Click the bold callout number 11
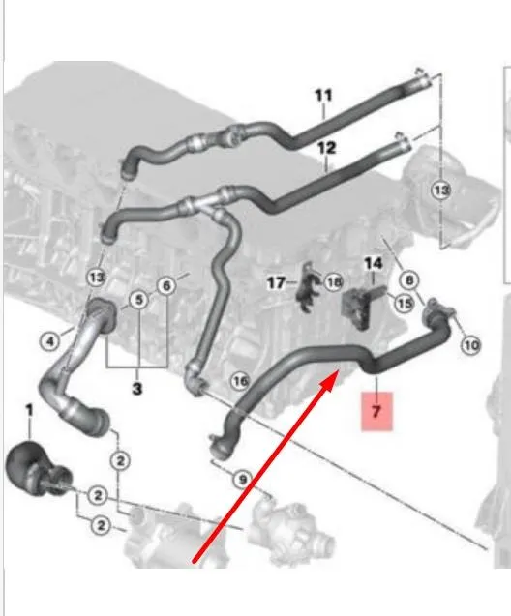click(323, 96)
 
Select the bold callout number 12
click(326, 148)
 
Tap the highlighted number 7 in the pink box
click(376, 411)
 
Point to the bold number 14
click(373, 263)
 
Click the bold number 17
click(276, 282)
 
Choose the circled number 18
click(333, 281)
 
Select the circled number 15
click(405, 303)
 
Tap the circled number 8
click(409, 280)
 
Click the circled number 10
click(471, 345)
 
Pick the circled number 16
click(240, 381)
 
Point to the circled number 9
click(242, 480)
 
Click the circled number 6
click(166, 285)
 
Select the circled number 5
click(138, 300)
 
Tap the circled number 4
click(50, 341)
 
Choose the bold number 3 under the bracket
click(136, 389)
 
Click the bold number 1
click(29, 411)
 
